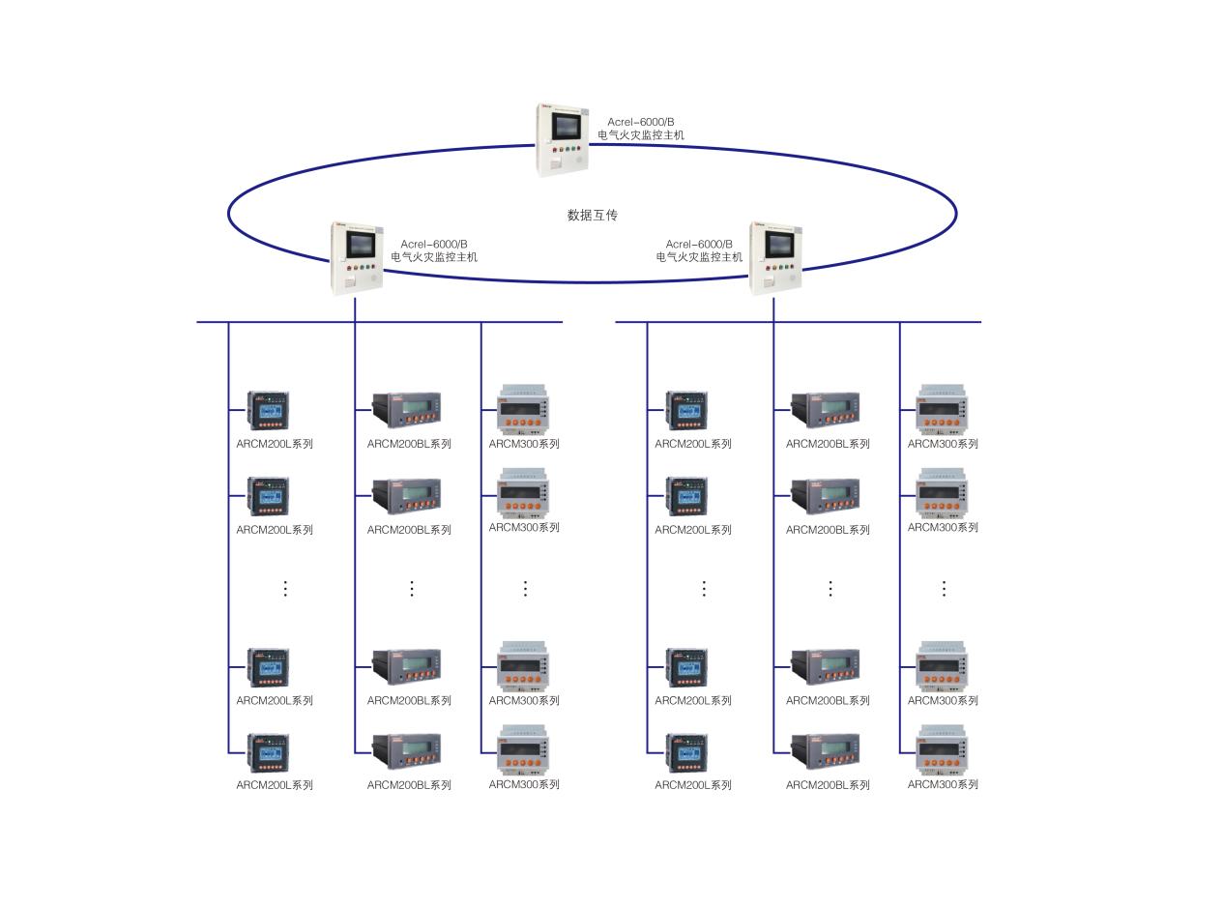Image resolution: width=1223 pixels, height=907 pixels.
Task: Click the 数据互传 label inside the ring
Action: [x=592, y=215]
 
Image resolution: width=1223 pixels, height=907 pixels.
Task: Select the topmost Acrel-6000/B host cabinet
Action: [x=563, y=140]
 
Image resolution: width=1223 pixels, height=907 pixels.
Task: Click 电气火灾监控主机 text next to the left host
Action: [x=434, y=257]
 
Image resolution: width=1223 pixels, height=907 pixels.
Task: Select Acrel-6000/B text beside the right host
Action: [x=699, y=245]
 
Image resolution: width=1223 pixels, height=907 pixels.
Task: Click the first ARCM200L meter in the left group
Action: [x=268, y=411]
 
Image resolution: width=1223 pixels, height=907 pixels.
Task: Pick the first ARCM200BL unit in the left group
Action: [x=407, y=409]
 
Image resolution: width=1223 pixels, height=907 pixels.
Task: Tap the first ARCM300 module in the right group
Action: [x=942, y=409]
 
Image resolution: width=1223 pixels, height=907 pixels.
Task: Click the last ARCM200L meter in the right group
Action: [x=686, y=752]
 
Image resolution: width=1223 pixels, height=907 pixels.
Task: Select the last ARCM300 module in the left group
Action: [x=523, y=750]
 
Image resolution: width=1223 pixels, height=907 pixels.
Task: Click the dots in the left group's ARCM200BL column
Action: [x=412, y=588]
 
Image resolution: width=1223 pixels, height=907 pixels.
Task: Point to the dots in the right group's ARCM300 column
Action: [x=944, y=588]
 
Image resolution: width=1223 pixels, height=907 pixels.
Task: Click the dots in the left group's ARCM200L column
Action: [x=285, y=588]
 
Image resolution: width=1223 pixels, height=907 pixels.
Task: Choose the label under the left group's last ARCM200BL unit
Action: [x=409, y=785]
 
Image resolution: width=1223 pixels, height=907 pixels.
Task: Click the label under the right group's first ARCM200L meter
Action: [x=693, y=444]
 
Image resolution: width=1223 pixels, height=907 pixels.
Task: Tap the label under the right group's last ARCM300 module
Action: [x=943, y=784]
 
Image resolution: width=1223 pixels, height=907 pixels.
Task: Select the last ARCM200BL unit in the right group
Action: [x=826, y=750]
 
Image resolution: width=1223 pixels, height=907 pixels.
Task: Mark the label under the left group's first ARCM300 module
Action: [x=524, y=444]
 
